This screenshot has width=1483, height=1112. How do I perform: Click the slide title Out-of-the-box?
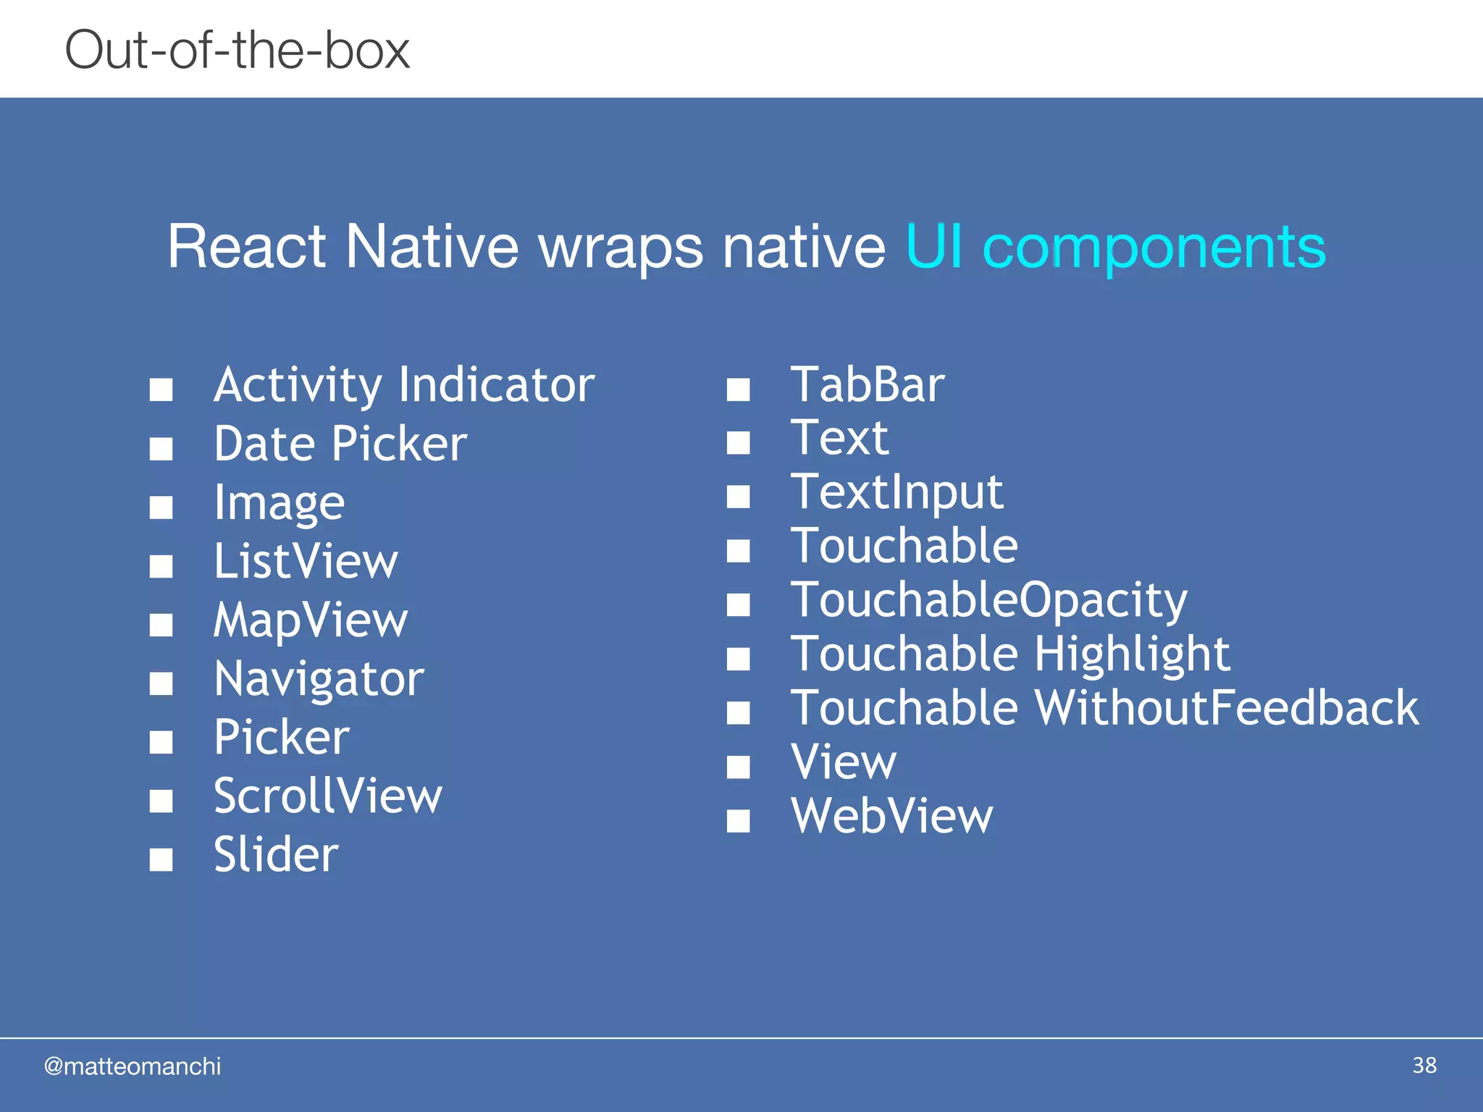237,51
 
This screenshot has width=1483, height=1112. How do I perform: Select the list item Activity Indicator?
404,385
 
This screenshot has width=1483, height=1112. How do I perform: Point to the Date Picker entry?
340,444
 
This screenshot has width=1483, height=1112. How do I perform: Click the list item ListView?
306,562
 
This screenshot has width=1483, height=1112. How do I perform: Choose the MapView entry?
311,620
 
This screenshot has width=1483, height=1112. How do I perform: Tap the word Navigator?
319,680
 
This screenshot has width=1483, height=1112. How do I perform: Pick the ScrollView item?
327,796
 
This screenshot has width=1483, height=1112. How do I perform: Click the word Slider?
276,855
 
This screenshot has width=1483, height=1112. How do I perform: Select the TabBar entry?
867,385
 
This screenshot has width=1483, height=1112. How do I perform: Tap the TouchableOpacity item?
988,601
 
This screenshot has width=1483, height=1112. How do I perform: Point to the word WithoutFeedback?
1227,708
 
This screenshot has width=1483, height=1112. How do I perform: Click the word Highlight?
1132,654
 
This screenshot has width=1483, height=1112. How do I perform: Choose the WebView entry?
891,817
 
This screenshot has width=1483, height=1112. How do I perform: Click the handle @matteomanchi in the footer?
132,1066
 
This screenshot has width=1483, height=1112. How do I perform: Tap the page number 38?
1424,1066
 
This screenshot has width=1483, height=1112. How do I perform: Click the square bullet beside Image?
161,507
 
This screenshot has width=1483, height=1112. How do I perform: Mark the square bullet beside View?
738,767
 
